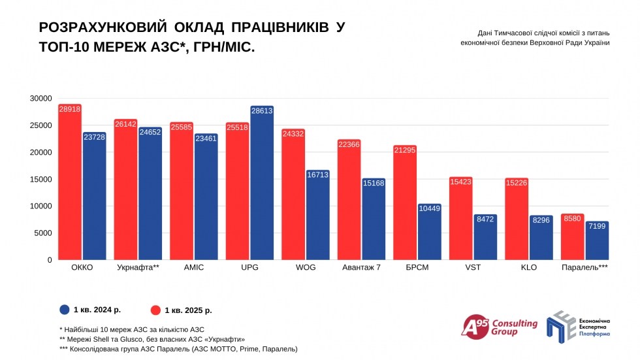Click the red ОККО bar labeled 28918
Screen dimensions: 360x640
70,183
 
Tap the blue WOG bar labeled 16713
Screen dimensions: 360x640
318,216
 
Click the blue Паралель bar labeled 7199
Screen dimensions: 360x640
597,241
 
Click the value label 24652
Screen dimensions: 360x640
150,133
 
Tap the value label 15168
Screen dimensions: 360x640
374,184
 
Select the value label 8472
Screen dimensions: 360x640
486,220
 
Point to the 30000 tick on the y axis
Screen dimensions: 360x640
40,99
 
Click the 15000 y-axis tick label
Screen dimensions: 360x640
40,180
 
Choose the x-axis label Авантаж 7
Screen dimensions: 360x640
362,268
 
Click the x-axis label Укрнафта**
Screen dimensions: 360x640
138,268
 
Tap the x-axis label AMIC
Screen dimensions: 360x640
194,268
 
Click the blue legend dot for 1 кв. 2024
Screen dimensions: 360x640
65,310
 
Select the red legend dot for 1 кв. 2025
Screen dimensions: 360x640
155,310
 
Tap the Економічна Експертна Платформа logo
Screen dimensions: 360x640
579,326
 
